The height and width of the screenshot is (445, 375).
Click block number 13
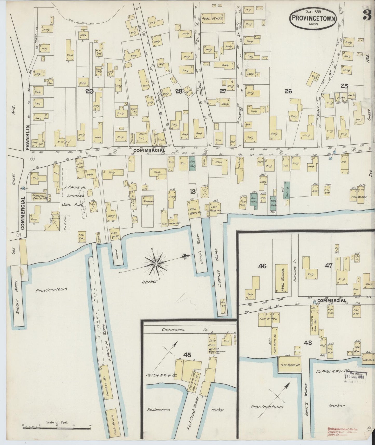tap(193, 192)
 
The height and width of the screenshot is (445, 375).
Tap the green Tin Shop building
tap(192, 164)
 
